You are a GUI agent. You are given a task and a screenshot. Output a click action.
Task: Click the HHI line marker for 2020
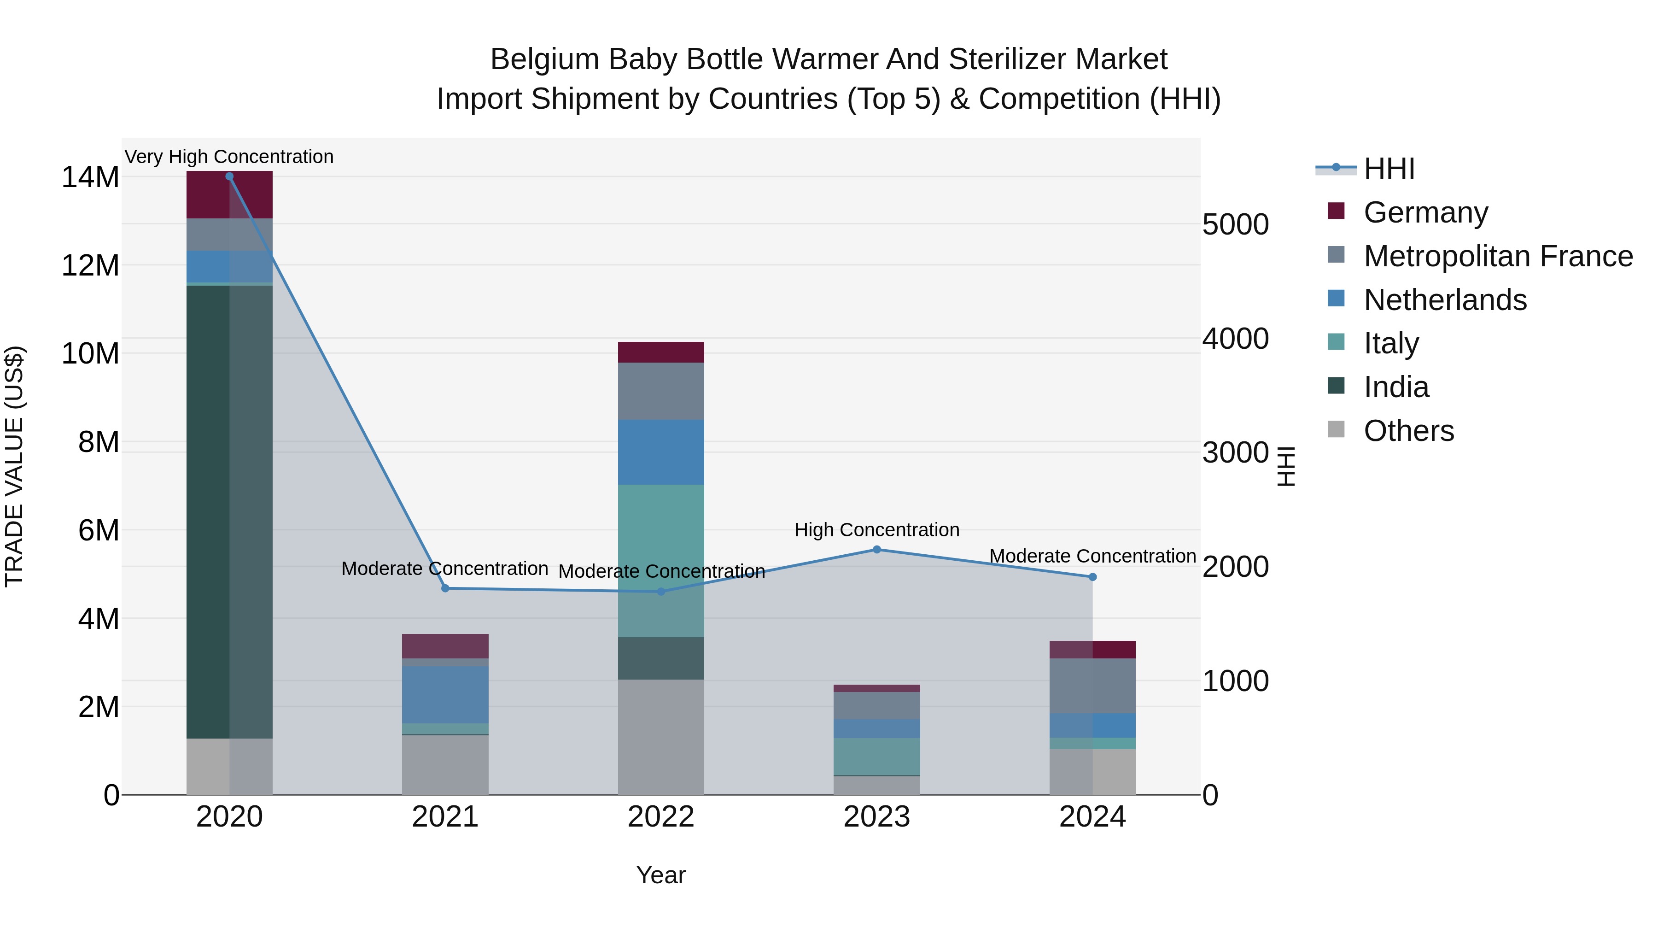tap(229, 176)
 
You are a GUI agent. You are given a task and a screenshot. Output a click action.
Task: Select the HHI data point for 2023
tap(876, 549)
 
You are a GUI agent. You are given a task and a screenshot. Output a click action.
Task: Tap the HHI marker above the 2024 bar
tap(1092, 577)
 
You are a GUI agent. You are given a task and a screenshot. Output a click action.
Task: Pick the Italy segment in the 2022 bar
tap(661, 560)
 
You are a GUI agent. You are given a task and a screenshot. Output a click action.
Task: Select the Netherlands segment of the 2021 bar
tap(445, 694)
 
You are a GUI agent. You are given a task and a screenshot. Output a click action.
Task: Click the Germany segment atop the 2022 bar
tap(661, 352)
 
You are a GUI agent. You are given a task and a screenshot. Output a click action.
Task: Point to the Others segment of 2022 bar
tap(661, 737)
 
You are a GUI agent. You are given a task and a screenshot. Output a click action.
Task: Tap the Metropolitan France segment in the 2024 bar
tap(1092, 685)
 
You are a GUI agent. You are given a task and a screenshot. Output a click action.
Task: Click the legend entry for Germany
tap(1425, 212)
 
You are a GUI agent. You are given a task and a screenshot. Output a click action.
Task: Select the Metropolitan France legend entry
tap(1498, 256)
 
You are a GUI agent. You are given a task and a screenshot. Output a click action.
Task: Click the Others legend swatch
tap(1336, 429)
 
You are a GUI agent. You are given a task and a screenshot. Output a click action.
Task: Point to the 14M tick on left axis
tap(90, 177)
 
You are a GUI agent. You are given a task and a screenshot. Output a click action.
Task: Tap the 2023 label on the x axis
tap(876, 817)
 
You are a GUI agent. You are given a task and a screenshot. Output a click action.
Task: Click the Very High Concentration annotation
tap(229, 157)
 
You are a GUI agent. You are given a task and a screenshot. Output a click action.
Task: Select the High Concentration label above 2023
tap(876, 529)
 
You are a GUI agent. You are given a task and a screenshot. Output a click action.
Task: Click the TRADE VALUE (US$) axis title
tap(14, 466)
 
